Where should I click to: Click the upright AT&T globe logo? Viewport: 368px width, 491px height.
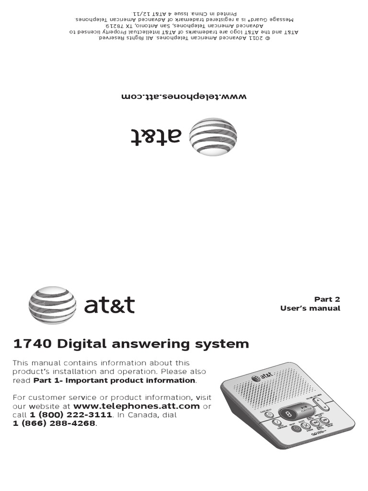(52, 305)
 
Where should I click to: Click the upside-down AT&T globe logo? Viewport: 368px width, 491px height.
(213, 137)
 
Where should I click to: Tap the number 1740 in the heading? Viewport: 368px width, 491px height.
(33, 344)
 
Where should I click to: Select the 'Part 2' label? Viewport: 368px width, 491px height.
(327, 299)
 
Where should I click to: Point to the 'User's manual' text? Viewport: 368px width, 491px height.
(310, 308)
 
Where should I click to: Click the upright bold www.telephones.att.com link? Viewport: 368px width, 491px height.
(136, 406)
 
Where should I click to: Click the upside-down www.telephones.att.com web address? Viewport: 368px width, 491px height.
(184, 96)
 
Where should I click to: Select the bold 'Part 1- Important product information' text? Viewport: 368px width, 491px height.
(115, 380)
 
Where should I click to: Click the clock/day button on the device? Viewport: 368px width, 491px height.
(269, 415)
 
